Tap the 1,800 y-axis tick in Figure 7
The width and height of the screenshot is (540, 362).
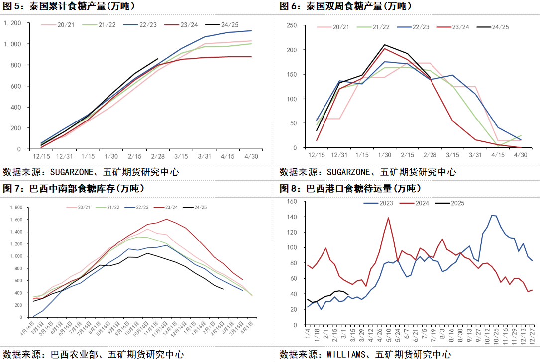16,208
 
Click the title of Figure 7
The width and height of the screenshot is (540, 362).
74,189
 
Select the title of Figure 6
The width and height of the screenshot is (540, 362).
349,6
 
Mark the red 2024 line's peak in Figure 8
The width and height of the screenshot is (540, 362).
388,217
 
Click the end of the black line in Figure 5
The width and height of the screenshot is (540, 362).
158,58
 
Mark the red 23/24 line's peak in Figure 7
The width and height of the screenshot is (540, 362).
166,219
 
